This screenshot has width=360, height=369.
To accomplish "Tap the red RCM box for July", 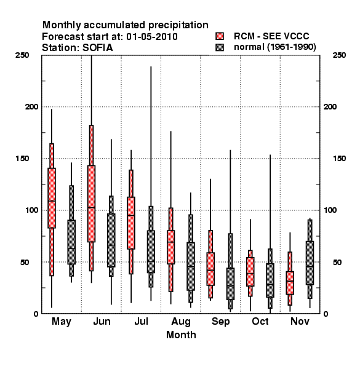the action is point(131,223).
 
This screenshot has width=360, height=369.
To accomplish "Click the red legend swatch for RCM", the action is point(220,36).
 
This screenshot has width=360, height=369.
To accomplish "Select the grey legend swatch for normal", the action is point(220,47).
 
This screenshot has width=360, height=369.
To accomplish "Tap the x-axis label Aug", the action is point(181,322).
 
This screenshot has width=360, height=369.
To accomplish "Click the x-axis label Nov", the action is point(300,321).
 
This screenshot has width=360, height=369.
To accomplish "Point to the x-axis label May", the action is point(62,322).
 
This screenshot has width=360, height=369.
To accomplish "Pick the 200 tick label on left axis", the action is point(31,106).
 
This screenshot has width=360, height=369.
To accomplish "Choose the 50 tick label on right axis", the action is point(337,262).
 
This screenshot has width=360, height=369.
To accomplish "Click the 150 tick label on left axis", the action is point(22,159).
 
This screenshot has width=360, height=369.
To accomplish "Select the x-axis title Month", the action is point(181,335).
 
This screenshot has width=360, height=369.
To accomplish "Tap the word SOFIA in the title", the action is point(97,48).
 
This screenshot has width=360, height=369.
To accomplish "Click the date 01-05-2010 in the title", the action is point(152,37).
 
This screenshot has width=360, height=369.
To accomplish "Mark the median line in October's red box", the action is point(250,274).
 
